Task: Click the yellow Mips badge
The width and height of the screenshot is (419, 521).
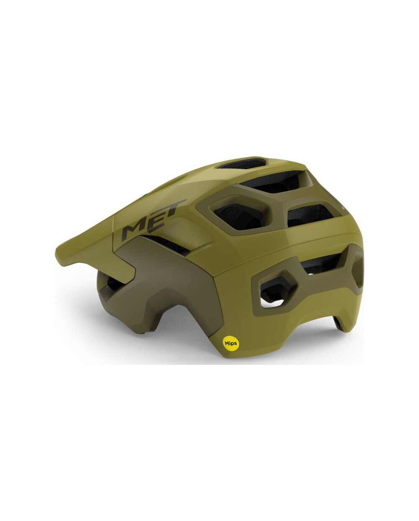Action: [x=230, y=343]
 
